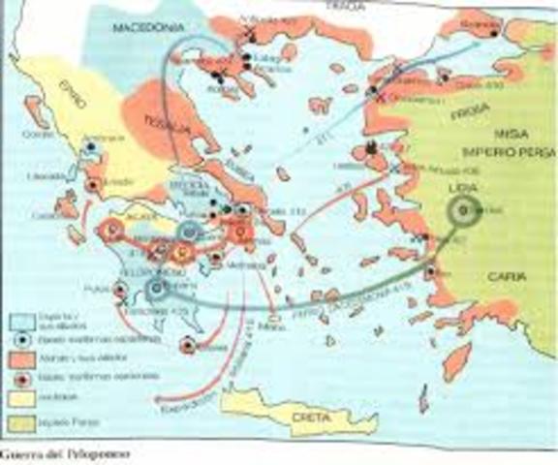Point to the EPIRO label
point(58,124)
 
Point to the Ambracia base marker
point(91,147)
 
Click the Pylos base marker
point(121,288)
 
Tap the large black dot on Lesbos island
point(371,148)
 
